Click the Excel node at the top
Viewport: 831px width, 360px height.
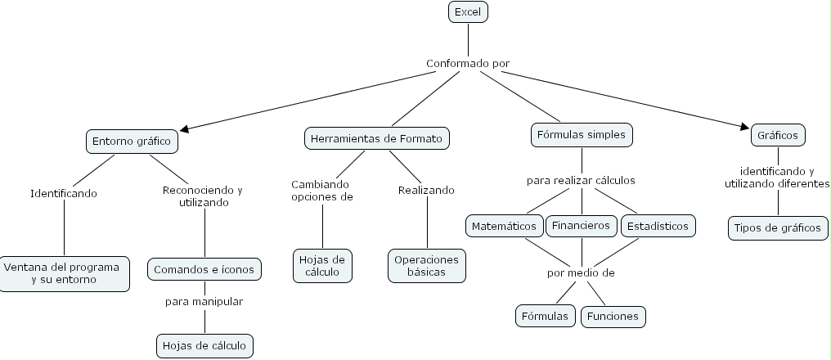click(x=469, y=11)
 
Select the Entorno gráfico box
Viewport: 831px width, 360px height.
click(x=132, y=141)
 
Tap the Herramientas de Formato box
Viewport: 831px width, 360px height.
click(x=377, y=138)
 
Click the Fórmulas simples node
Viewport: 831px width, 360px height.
click(x=582, y=133)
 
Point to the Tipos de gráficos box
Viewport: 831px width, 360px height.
click(x=776, y=227)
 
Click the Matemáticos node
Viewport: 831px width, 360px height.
click(x=505, y=225)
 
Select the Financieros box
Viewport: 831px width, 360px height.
click(x=581, y=225)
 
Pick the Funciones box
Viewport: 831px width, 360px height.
click(x=613, y=316)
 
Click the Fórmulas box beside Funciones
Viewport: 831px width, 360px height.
click(x=545, y=316)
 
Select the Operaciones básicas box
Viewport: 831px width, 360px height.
click(x=426, y=265)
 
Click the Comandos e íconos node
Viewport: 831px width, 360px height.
click(x=204, y=268)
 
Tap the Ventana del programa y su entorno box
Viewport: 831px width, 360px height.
click(x=63, y=273)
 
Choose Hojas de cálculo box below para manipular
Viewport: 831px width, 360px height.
click(x=204, y=345)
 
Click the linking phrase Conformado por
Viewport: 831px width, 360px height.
click(x=469, y=63)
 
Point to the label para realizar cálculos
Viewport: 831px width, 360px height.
click(x=581, y=180)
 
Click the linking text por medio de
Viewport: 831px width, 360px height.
click(x=581, y=272)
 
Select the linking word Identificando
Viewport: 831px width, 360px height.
click(x=64, y=194)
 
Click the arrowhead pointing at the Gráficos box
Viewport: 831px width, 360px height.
click(x=746, y=127)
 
